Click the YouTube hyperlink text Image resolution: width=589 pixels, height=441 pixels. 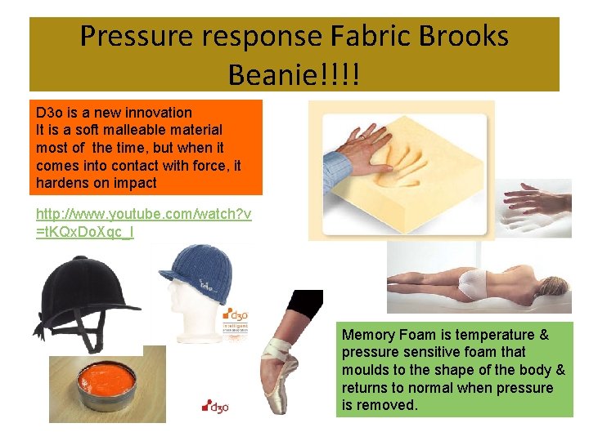click(143, 222)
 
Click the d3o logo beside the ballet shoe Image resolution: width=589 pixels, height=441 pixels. click(217, 405)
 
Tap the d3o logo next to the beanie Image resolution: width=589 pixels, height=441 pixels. click(236, 317)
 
